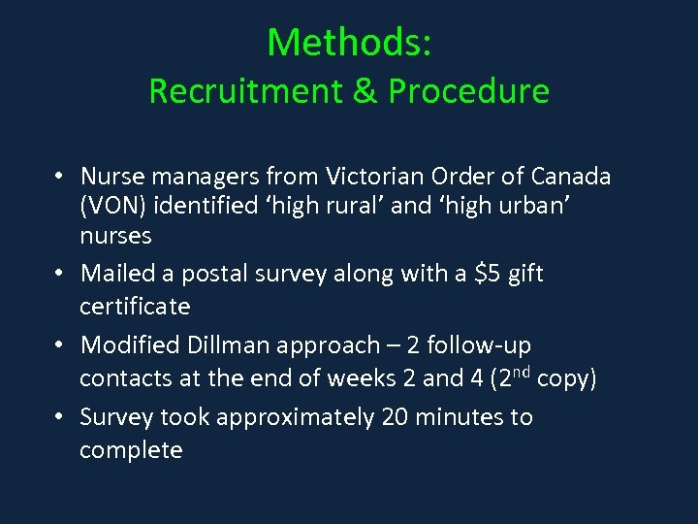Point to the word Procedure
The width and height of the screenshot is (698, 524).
tap(469, 91)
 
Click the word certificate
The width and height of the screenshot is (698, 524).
tap(135, 307)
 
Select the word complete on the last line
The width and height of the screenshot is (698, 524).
tap(131, 450)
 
